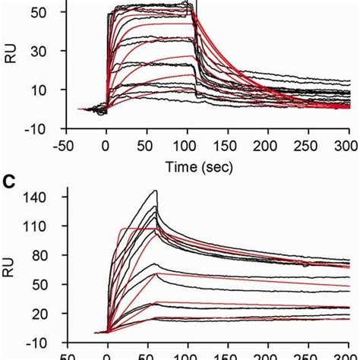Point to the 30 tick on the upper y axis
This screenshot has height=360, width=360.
pos(38,51)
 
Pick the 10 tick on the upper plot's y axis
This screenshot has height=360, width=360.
pos(38,90)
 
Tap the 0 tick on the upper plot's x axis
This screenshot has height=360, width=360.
pos(106,144)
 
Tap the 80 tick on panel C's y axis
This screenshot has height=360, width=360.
pos(38,255)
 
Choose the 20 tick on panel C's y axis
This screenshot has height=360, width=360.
pos(38,312)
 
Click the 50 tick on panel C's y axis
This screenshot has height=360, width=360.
pos(38,284)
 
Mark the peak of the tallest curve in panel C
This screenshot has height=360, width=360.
pos(156,191)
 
